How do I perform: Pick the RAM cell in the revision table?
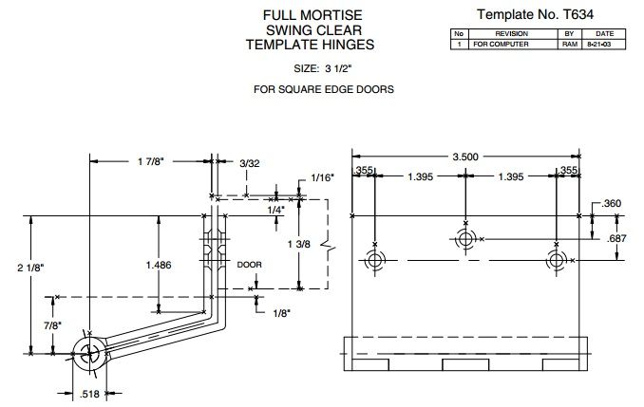click(570, 44)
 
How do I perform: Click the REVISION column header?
click(510, 33)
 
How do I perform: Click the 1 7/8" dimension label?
click(148, 162)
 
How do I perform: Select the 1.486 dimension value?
click(158, 266)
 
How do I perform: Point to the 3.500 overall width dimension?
click(465, 155)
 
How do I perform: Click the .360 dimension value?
click(612, 204)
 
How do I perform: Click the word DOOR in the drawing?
click(249, 265)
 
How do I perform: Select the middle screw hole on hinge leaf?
click(465, 239)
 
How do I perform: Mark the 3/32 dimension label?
click(249, 164)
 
